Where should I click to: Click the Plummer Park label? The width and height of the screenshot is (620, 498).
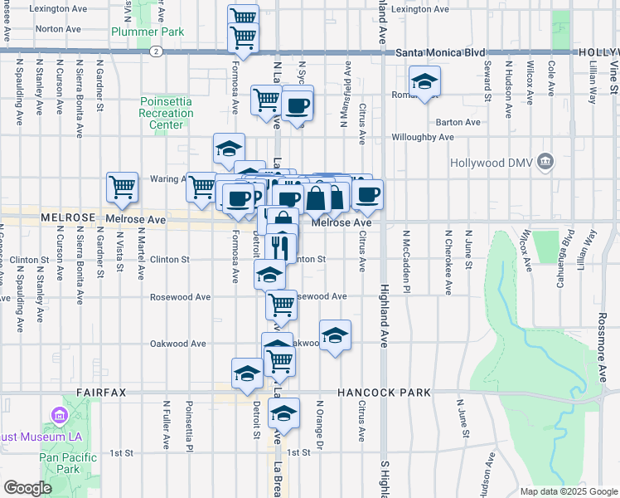pos(148,32)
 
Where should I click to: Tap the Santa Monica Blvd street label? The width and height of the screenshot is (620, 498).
pos(439,52)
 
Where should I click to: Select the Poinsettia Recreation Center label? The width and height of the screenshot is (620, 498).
pos(166,113)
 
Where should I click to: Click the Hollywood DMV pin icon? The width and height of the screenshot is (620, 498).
pos(545,160)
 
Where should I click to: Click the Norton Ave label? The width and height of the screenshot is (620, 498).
pos(58,28)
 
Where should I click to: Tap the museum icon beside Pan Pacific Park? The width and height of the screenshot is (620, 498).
pos(58,414)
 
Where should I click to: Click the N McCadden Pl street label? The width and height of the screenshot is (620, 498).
pos(406,261)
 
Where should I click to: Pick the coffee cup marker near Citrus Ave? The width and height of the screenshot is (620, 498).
pos(367,194)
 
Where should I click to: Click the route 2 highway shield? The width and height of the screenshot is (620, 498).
pos(156,51)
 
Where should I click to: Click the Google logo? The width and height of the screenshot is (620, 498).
pos(27,487)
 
